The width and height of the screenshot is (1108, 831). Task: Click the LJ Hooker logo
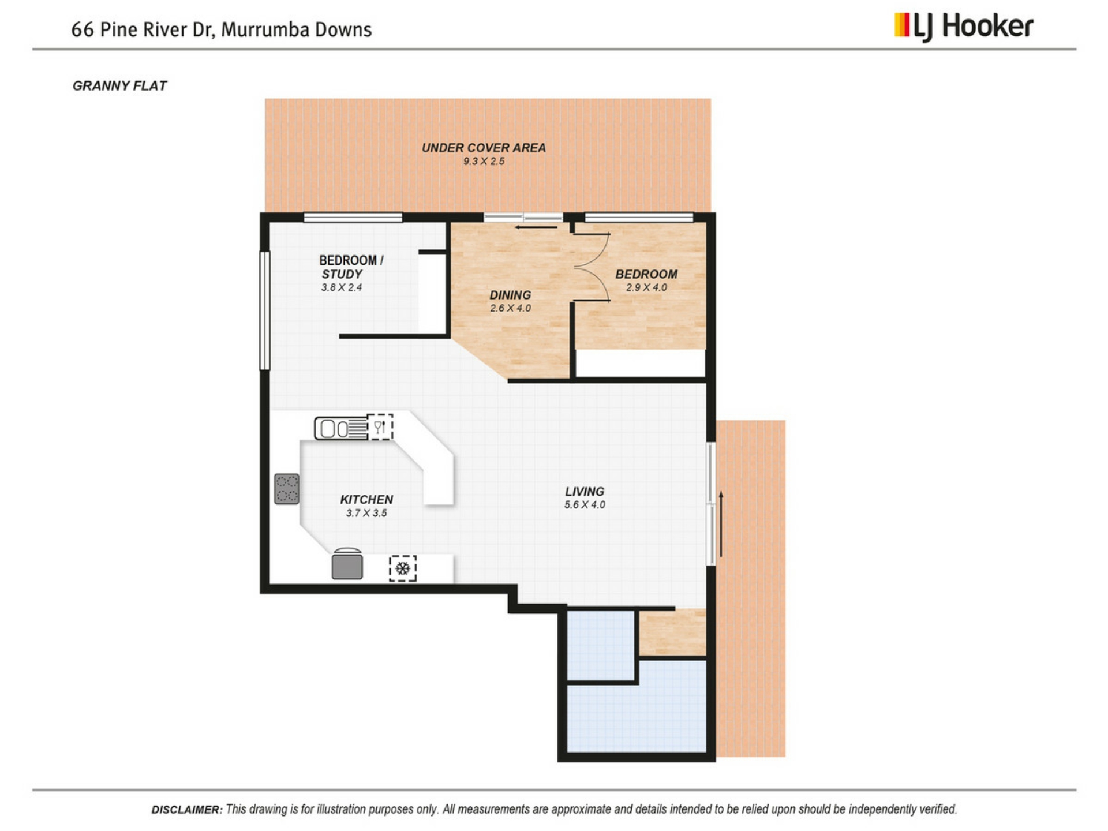[x=964, y=27]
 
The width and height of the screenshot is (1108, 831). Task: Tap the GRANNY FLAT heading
[x=119, y=86]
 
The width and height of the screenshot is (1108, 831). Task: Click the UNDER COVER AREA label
[x=484, y=148]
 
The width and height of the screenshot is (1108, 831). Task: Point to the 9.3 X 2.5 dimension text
[x=484, y=162]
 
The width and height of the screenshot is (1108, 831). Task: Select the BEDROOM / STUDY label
[x=351, y=267]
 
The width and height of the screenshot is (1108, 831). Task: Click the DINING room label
[x=510, y=295]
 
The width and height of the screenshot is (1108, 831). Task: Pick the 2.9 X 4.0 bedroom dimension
[x=646, y=287]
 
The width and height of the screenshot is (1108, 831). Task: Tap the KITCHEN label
[x=366, y=500]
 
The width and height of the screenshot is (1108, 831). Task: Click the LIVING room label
[x=585, y=492]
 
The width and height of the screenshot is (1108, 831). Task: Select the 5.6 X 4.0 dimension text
[x=585, y=505]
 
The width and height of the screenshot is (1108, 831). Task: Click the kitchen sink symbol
[x=340, y=429]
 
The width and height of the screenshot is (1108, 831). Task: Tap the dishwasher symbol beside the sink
[x=380, y=427]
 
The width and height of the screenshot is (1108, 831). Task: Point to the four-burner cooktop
[x=287, y=489]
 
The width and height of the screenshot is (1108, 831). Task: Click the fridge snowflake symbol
[x=403, y=568]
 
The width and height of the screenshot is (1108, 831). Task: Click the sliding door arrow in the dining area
[x=537, y=227]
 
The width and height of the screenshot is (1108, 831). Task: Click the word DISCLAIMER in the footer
[x=186, y=810]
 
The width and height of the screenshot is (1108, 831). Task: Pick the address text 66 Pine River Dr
[x=143, y=29]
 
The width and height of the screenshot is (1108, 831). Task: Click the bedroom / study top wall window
[x=353, y=218]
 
